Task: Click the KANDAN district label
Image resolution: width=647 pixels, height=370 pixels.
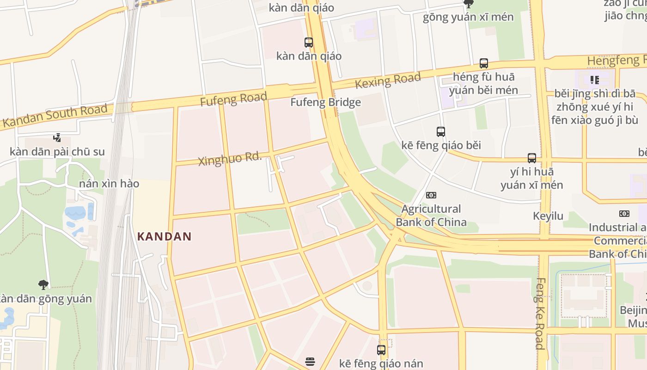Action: coord(165,236)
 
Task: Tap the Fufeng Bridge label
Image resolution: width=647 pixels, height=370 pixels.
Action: coord(325,102)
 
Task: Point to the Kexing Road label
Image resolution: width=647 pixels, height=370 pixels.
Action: coord(388,80)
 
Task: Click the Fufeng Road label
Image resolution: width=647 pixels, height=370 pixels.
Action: coord(233,99)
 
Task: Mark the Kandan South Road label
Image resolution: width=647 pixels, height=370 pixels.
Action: coord(55,116)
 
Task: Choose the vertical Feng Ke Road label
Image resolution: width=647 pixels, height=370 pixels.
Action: coord(539,313)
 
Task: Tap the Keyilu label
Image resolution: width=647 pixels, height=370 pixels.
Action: coord(548,216)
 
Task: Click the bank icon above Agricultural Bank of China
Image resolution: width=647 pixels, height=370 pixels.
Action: coord(431,195)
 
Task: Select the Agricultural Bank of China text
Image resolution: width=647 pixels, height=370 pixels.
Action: coord(431,216)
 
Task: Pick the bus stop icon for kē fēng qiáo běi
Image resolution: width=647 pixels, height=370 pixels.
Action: coord(441,132)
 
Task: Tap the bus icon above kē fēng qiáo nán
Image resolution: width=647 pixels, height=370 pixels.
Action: coord(381,350)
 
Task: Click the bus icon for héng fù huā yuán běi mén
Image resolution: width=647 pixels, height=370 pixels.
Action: coord(483,63)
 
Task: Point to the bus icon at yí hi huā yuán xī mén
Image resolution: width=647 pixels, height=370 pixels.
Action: coord(532,158)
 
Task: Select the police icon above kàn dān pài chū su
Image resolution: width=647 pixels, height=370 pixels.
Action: coord(57,138)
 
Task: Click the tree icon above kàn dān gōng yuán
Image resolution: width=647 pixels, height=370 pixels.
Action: coord(43,284)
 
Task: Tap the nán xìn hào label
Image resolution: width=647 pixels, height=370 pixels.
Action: coord(109,184)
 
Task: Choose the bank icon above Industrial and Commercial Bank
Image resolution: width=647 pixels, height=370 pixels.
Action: coord(624,214)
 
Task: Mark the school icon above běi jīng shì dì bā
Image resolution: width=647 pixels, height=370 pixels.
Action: coord(594,80)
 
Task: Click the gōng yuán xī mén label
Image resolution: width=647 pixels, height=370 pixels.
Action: coord(468,17)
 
